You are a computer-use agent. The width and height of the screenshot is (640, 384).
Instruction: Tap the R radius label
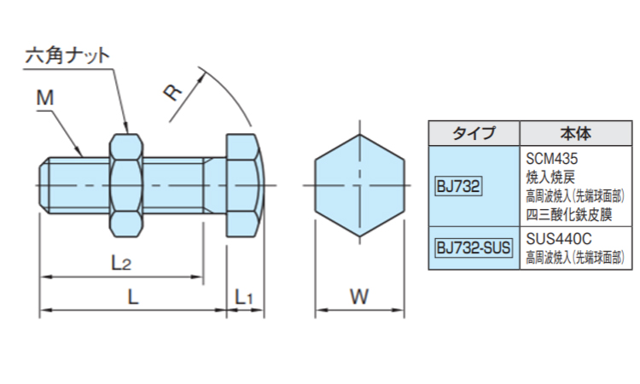pyautogui.click(x=172, y=90)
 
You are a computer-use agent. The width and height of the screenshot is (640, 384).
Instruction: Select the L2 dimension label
pyautogui.click(x=121, y=264)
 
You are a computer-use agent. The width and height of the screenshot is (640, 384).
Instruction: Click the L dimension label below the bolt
pyautogui.click(x=132, y=297)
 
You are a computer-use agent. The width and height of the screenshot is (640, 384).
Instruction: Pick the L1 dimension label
pyautogui.click(x=243, y=297)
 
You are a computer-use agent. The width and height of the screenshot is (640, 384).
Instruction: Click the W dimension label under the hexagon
pyautogui.click(x=359, y=297)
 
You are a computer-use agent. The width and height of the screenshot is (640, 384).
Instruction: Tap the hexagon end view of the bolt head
pyautogui.click(x=359, y=185)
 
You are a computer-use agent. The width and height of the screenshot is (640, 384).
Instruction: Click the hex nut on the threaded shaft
pyautogui.click(x=125, y=184)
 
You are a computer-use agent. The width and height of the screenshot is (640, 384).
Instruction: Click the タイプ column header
pyautogui.click(x=474, y=134)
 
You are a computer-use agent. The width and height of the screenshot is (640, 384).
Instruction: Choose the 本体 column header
pyautogui.click(x=576, y=134)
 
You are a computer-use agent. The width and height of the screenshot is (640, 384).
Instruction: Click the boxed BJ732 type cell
pyautogui.click(x=459, y=186)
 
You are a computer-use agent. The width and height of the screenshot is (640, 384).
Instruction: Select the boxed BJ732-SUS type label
pyautogui.click(x=474, y=248)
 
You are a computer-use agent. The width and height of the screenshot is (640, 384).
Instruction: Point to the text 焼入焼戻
pyautogui.click(x=550, y=177)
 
